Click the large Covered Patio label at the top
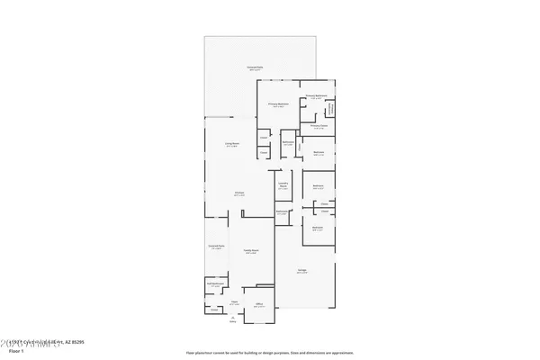pyautogui.click(x=255, y=68)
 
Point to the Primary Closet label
pyautogui.click(x=318, y=127)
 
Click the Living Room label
pyautogui.click(x=231, y=144)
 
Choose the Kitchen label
pyautogui.click(x=240, y=193)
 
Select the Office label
pyautogui.click(x=258, y=304)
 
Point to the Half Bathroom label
pyautogui.click(x=214, y=284)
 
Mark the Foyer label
pyautogui.click(x=234, y=302)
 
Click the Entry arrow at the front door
pyautogui.click(x=233, y=319)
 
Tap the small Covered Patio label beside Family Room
pyautogui.click(x=215, y=247)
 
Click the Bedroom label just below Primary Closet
pyautogui.click(x=319, y=153)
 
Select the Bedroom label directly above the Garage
pyautogui.click(x=318, y=228)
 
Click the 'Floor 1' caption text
pyautogui.click(x=15, y=352)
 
